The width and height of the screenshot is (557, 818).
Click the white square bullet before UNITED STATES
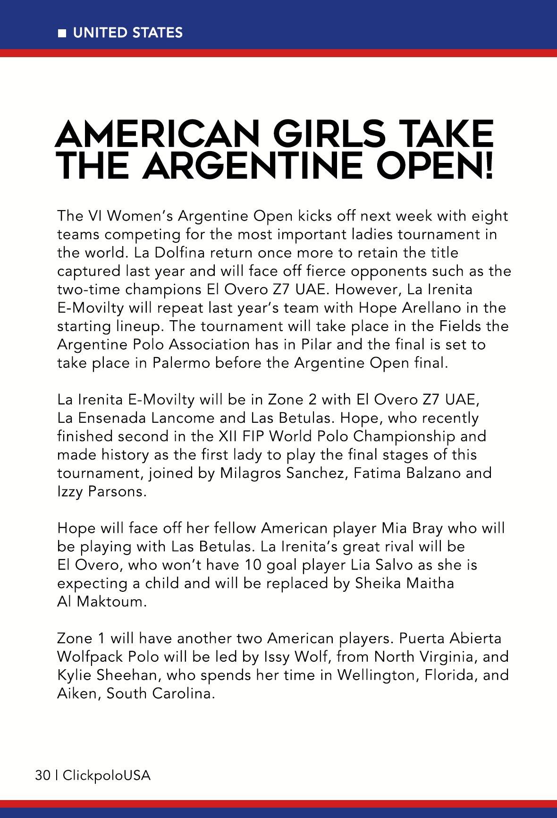click(x=62, y=34)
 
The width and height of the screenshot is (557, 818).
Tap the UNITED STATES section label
click(x=127, y=33)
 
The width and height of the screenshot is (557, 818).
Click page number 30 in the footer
click(x=42, y=775)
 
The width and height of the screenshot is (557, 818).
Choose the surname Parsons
click(x=117, y=492)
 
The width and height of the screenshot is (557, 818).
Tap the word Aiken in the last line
click(x=76, y=694)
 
